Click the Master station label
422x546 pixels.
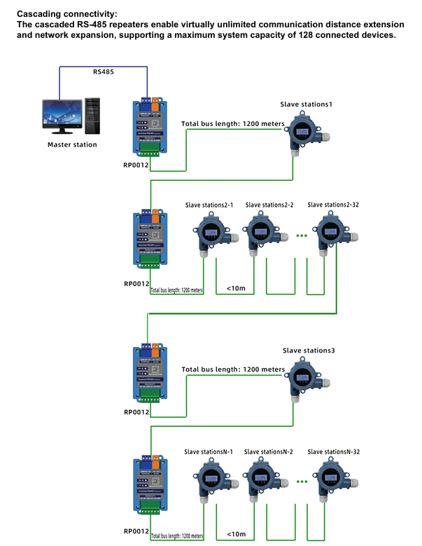[72, 144]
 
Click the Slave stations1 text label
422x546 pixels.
[306, 104]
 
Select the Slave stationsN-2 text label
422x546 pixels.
[268, 452]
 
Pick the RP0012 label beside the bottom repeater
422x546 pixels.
[136, 531]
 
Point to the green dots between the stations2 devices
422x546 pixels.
[302, 236]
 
